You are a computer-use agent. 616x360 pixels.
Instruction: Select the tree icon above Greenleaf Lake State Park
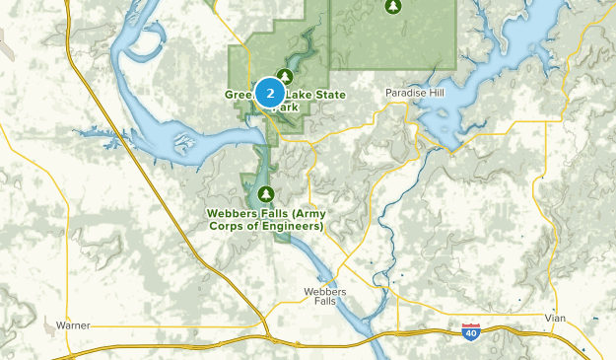pos(286,75)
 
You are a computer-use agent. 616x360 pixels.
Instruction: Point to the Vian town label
pos(556,318)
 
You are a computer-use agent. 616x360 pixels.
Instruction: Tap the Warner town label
pos(73,324)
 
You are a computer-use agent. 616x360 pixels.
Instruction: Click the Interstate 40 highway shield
pos(470,332)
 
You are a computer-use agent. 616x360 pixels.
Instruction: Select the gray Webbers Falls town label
pos(325,298)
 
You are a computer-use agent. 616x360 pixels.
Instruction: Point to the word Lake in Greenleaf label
pos(276,95)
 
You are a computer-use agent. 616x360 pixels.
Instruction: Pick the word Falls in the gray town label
pos(325,304)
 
